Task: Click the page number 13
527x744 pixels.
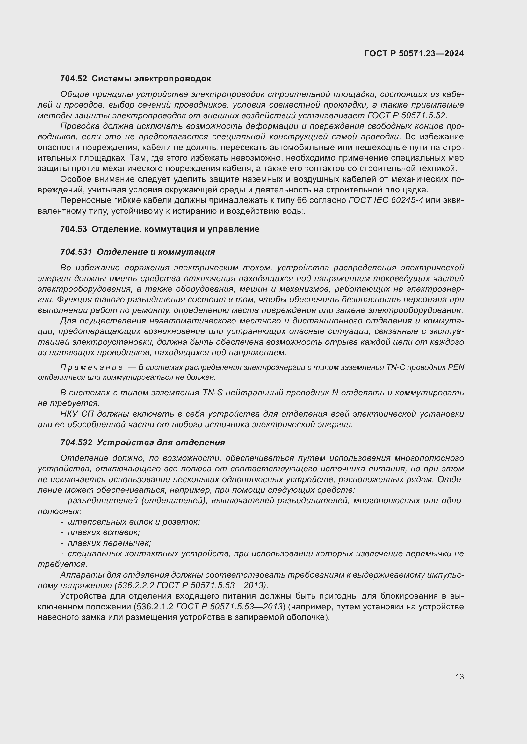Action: point(459,677)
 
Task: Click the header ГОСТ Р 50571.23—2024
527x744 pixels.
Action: point(414,53)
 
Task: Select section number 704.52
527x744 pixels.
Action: point(73,79)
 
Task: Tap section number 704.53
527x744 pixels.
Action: point(73,229)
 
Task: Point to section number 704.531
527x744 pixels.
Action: point(76,252)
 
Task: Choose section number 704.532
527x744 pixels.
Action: point(76,442)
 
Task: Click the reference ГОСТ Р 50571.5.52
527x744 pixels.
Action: point(407,115)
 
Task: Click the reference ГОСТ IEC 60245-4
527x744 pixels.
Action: point(386,200)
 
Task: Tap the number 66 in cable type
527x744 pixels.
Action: point(301,200)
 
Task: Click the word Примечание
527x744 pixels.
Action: point(91,367)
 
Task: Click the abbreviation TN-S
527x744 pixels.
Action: point(213,393)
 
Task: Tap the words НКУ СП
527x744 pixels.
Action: point(77,414)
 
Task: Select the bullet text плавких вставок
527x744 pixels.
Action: point(104,532)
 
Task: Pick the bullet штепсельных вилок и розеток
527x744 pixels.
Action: point(134,522)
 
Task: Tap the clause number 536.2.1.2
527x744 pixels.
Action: point(154,606)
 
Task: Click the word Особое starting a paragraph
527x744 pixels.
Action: point(74,179)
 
